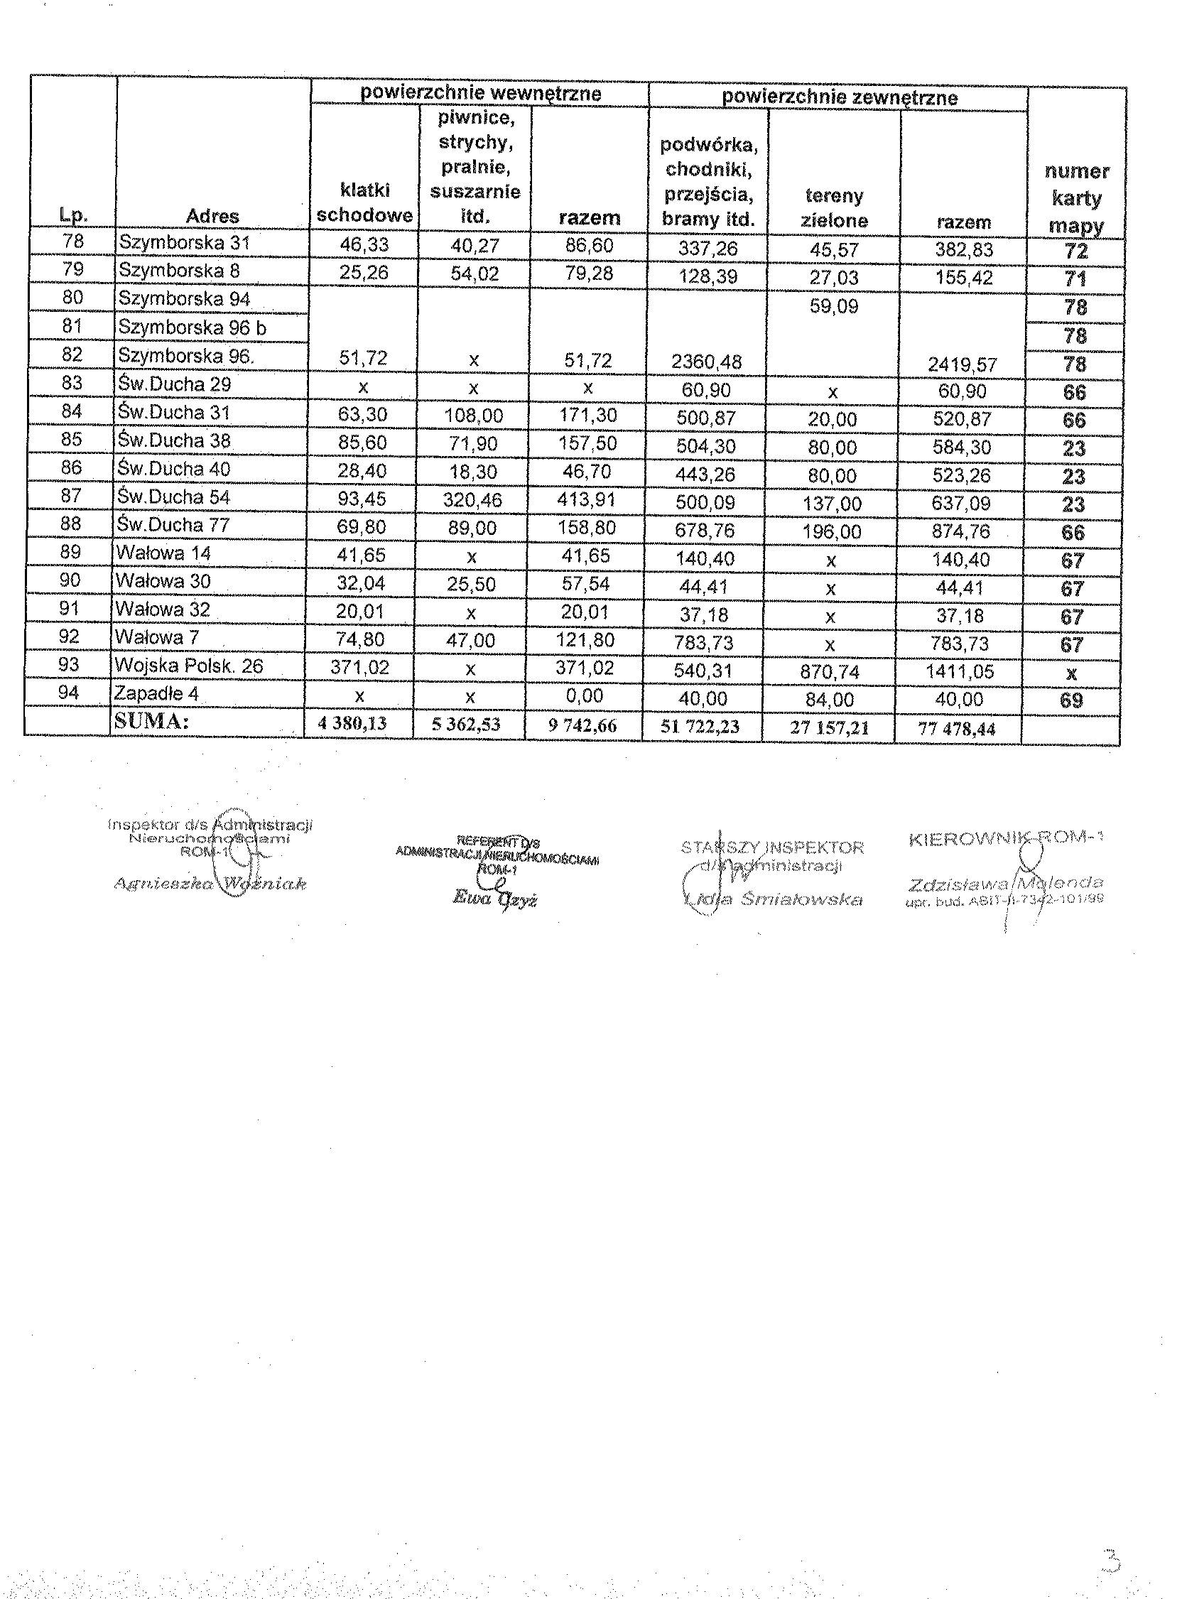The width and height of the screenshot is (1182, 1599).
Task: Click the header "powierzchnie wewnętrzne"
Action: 480,94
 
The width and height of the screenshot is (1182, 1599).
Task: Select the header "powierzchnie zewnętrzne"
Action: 840,98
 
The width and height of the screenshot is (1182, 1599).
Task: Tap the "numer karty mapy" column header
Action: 1076,198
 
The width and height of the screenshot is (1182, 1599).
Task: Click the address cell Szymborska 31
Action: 185,243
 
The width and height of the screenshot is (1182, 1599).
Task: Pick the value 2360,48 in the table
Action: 706,362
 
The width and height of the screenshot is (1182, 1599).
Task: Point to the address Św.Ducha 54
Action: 175,497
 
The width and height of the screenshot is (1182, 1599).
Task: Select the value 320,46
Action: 472,499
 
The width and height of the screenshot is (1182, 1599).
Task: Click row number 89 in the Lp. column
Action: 71,553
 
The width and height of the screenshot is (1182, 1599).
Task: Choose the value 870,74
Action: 830,672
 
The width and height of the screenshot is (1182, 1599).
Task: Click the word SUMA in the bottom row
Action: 151,721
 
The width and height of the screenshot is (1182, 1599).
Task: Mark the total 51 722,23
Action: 700,727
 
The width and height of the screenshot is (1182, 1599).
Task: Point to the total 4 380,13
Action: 352,724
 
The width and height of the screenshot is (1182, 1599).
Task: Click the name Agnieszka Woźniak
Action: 210,884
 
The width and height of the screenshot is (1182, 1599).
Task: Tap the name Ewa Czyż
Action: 494,899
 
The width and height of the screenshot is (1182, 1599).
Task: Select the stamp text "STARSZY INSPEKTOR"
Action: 772,848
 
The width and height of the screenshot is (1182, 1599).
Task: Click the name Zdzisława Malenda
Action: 1005,884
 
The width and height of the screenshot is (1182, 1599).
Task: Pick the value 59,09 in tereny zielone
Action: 833,307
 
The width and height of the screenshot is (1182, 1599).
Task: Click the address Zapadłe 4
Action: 156,694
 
